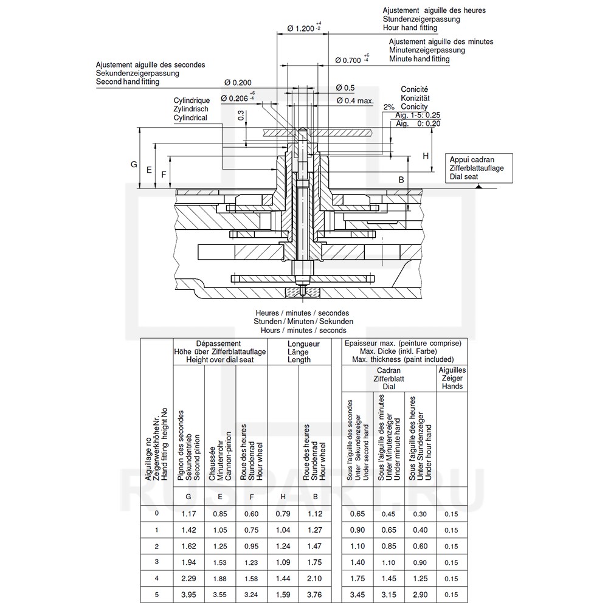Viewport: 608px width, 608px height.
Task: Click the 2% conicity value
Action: point(389,107)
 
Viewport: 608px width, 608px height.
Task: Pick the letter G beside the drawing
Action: point(134,165)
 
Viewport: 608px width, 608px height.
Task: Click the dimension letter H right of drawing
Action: point(426,156)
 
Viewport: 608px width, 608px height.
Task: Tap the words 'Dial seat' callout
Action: point(465,177)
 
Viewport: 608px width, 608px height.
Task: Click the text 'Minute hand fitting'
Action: point(420,59)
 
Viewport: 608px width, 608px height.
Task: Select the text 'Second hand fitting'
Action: point(128,81)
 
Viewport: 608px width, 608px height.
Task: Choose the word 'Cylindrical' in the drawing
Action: point(190,118)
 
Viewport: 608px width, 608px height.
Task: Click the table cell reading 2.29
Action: point(188,578)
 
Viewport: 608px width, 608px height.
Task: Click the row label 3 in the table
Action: point(157,561)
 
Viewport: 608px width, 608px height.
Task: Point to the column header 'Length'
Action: point(299,359)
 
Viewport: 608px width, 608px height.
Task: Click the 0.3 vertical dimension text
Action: point(241,116)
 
